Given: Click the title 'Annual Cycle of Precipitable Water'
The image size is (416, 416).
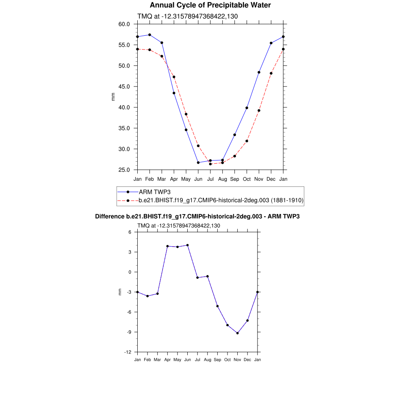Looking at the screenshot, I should [210, 5].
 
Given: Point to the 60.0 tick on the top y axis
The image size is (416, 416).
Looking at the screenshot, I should [124, 24].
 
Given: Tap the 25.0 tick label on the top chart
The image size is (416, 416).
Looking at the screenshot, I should [124, 170].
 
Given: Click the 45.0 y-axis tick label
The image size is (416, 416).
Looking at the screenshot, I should [124, 87].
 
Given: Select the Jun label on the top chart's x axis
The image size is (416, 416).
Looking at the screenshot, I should [198, 179].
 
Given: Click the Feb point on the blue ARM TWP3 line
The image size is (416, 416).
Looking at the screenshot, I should [149, 35].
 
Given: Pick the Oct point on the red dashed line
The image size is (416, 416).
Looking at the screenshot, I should [247, 141].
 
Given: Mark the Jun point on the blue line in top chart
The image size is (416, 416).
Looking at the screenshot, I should [198, 162].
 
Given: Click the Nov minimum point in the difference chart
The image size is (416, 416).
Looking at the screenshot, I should [237, 333].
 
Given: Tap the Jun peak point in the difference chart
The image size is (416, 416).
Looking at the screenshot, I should [187, 245].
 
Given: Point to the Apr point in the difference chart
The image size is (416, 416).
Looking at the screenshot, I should [167, 246].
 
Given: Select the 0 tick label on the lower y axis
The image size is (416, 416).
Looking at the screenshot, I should [131, 272].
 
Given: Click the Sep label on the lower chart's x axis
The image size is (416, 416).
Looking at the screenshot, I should [217, 360].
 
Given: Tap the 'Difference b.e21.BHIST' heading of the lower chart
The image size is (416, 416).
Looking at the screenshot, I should [197, 217].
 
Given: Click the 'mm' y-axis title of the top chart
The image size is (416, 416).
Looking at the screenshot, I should [113, 97].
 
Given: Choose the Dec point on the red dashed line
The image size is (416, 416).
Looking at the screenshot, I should [271, 74].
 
